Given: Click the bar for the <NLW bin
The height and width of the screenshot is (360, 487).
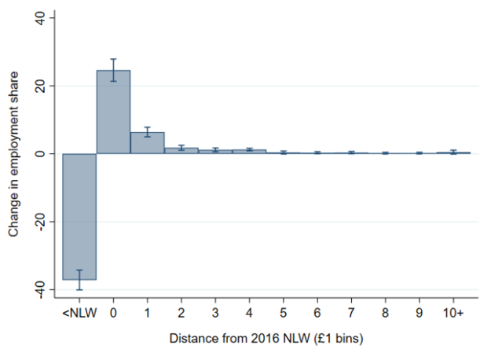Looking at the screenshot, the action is [79, 217].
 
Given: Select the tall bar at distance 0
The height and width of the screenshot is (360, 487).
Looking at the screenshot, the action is [113, 112].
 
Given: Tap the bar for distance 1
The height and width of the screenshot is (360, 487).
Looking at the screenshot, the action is [147, 143].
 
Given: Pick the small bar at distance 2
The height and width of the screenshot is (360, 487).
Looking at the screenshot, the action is [181, 150].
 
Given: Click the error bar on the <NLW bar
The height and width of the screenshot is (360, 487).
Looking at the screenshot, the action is [79, 280].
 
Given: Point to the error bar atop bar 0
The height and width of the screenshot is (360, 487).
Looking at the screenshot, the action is [113, 70].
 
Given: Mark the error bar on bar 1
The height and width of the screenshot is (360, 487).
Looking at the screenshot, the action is [147, 132].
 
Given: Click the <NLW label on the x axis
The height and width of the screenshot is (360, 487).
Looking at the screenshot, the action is [80, 313].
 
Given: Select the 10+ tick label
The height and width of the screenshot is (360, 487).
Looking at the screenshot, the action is [453, 313].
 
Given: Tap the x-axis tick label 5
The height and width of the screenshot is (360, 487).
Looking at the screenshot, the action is [283, 313].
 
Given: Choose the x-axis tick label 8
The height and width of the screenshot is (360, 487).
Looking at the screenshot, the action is [385, 313].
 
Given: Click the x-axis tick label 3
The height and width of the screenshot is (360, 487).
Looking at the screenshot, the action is [215, 313].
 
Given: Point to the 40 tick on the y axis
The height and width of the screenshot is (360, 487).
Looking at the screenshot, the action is [40, 18].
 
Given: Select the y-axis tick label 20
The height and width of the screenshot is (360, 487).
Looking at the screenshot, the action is [40, 86].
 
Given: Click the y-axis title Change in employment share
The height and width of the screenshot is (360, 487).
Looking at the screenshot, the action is [13, 154].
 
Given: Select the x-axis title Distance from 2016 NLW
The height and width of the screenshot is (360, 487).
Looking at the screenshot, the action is [240, 338].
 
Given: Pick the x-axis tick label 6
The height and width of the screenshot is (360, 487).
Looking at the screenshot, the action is [317, 313].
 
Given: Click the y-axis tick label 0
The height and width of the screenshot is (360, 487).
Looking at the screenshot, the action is [40, 153].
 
